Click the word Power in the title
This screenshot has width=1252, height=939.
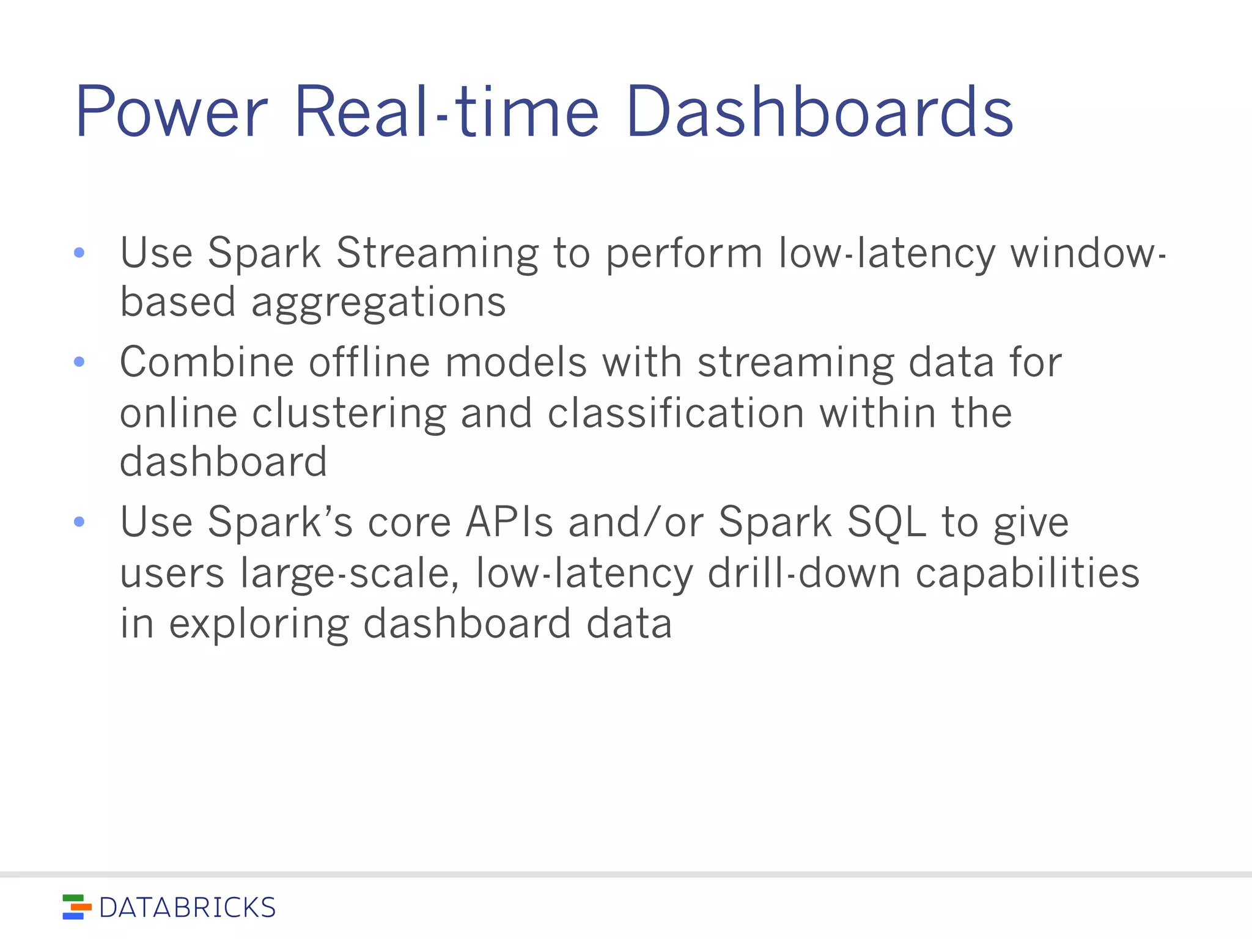coord(171,113)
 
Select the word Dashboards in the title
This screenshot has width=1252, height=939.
coord(819,113)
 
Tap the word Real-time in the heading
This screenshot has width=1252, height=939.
coord(446,113)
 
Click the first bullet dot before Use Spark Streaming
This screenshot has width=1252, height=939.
coord(79,252)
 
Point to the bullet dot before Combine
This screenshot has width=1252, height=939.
coord(79,362)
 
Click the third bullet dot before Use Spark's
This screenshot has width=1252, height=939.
coord(79,521)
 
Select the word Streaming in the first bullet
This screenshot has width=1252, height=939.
coord(437,254)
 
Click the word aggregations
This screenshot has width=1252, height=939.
coord(378,304)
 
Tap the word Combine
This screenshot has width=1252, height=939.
coord(207,362)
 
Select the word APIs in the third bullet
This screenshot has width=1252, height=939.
coord(509,523)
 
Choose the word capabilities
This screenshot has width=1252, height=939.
coord(1027,575)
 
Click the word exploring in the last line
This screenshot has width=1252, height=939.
coord(259,625)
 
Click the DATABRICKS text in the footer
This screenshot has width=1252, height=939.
coord(187,908)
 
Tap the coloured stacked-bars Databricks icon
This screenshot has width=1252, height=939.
coord(76,907)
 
